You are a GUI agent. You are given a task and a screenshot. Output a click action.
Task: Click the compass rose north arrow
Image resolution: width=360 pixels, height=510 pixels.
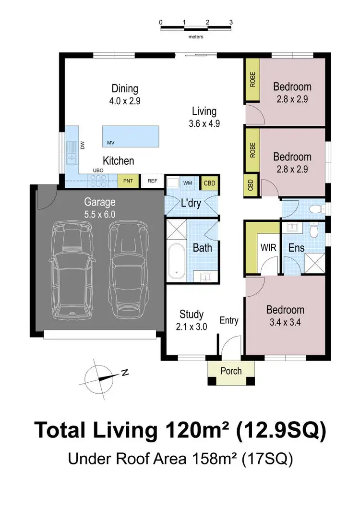point(102,377)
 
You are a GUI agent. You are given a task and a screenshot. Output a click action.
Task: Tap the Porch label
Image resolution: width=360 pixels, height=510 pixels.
point(231,371)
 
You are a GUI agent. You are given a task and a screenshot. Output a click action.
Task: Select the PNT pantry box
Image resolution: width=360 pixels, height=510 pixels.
point(128,181)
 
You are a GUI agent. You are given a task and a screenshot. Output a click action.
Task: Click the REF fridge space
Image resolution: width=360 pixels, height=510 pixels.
point(152,181)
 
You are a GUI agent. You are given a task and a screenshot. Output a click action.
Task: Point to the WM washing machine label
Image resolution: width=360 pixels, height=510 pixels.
point(188,183)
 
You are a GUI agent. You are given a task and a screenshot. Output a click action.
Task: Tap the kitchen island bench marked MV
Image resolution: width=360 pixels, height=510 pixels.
point(130,136)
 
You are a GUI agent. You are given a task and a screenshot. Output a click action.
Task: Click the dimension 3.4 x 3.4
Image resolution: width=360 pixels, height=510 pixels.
point(285,322)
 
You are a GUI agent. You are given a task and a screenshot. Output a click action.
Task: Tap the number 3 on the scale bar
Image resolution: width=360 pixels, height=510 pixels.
point(231,22)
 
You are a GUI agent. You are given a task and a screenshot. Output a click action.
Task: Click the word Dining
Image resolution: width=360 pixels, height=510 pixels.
point(125,88)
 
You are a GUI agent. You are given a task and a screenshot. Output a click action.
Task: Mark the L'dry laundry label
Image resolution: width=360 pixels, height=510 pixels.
point(191,203)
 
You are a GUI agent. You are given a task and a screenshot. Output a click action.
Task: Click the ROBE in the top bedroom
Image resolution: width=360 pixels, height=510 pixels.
point(252,80)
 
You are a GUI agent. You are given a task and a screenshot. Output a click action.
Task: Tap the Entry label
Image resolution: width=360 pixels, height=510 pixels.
point(229,320)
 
